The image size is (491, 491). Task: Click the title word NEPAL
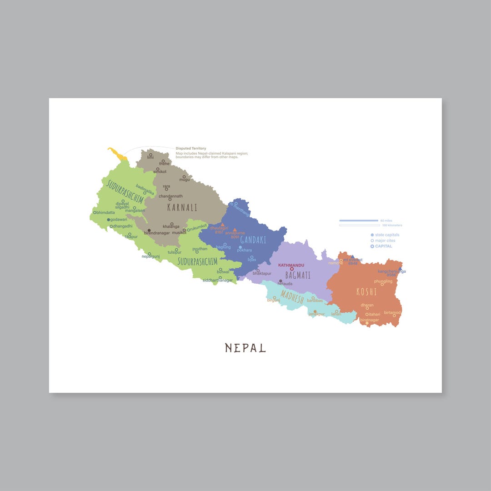pyautogui.click(x=245, y=348)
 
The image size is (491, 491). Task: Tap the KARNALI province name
pyautogui.click(x=182, y=207)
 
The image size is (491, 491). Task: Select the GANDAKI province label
pyautogui.click(x=253, y=240)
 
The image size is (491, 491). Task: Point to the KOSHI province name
pyautogui.click(x=366, y=292)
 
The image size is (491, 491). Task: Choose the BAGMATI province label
pyautogui.click(x=298, y=275)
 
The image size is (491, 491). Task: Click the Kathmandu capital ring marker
pyautogui.click(x=292, y=269)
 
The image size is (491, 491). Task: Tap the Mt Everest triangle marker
pyautogui.click(x=352, y=257)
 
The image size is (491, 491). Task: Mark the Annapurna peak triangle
pyautogui.click(x=235, y=230)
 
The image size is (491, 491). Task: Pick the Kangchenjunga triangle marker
pyautogui.click(x=400, y=269)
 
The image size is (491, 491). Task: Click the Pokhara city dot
pyautogui.click(x=240, y=247)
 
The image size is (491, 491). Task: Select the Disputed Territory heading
pyautogui.click(x=191, y=148)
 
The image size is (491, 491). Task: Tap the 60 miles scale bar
pyautogui.click(x=359, y=220)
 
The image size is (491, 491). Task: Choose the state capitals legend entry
pyautogui.click(x=387, y=235)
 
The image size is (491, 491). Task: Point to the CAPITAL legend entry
pyautogui.click(x=383, y=246)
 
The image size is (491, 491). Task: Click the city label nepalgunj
pyautogui.click(x=151, y=257)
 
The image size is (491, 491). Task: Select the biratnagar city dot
pyautogui.click(x=367, y=323)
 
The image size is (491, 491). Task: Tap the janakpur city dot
pyautogui.click(x=315, y=311)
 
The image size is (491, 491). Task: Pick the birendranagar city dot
pyautogui.click(x=149, y=230)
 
